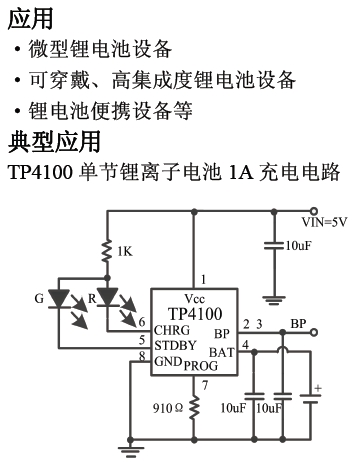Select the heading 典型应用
[x=54, y=139]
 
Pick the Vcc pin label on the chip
[x=193, y=299]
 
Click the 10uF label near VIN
[x=298, y=245]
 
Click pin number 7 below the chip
[x=204, y=384]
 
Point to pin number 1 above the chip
[x=203, y=280]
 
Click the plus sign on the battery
[x=318, y=388]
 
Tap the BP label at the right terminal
[x=298, y=323]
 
